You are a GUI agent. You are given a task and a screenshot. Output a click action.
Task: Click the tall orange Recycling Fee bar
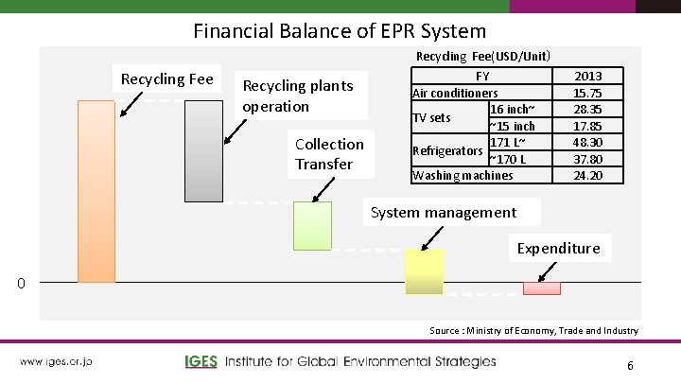(x=96, y=190)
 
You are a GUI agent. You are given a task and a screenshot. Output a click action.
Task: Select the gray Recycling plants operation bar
(x=202, y=150)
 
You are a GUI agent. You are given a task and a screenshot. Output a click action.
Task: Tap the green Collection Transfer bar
(x=312, y=225)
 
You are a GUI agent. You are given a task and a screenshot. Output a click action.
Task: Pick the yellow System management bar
(x=424, y=271)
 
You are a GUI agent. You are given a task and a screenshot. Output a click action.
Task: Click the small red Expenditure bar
(x=542, y=287)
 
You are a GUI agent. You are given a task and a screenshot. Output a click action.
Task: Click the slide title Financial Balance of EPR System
(x=340, y=30)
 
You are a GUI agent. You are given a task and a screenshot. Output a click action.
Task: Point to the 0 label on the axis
(x=32, y=283)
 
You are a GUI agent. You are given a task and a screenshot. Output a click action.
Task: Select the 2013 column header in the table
(x=587, y=76)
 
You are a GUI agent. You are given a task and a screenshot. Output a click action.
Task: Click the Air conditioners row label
(x=455, y=93)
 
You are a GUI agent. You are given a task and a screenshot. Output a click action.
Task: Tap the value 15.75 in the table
(x=587, y=93)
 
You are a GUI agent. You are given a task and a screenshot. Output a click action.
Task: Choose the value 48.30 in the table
(x=587, y=142)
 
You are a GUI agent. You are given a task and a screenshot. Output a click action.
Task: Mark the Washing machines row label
(x=463, y=175)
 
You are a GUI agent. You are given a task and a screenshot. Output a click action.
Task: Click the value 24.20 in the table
(x=587, y=175)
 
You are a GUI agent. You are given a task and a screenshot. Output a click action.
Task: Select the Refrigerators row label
(x=448, y=150)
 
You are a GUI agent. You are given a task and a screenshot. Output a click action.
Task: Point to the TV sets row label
(x=433, y=117)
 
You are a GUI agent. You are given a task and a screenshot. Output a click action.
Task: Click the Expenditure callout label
(x=558, y=248)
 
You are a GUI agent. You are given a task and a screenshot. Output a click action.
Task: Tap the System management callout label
(x=444, y=212)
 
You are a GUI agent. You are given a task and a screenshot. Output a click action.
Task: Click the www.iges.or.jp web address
(x=56, y=361)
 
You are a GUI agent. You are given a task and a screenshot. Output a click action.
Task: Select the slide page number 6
(x=630, y=365)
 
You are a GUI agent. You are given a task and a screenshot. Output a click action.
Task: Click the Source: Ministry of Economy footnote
(x=533, y=330)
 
